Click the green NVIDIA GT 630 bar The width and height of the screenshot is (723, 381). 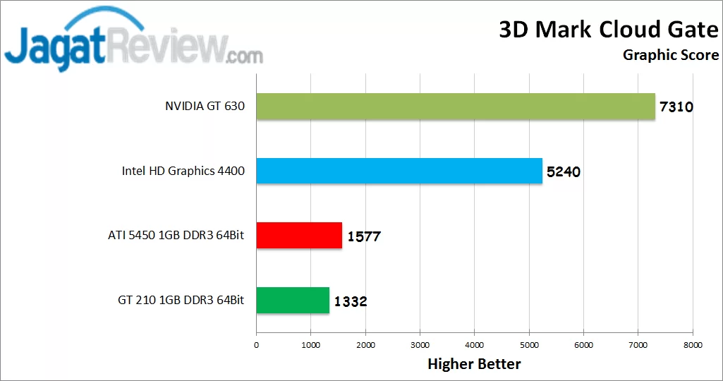click(455, 107)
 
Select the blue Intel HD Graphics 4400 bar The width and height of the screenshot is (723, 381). click(399, 171)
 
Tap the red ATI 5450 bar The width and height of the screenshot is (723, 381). click(298, 236)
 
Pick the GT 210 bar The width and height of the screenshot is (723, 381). click(292, 301)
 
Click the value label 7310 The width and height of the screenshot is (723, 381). click(676, 108)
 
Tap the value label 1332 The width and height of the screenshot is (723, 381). click(350, 302)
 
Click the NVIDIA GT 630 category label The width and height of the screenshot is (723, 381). click(205, 107)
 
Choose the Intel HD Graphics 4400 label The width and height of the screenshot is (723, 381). click(183, 171)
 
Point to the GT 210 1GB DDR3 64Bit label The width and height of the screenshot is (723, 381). click(181, 301)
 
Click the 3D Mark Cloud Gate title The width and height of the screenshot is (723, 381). click(609, 30)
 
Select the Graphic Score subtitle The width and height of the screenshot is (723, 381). click(671, 55)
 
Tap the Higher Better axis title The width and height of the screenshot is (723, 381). click(474, 364)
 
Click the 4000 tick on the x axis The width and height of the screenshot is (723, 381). click(474, 345)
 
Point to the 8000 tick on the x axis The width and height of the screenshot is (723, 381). click(693, 345)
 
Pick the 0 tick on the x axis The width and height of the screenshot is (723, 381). click(256, 345)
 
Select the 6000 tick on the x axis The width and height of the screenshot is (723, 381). click(583, 345)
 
